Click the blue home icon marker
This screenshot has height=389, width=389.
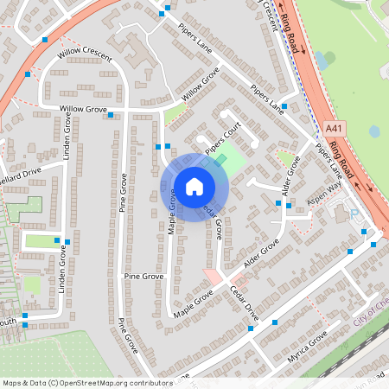(x=194, y=187)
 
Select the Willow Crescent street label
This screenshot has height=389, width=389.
(x=85, y=54)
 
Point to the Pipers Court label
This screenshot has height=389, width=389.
(x=220, y=142)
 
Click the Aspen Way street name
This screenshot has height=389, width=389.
(x=323, y=204)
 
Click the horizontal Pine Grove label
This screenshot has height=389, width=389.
(x=143, y=276)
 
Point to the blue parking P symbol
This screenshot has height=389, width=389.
(x=354, y=213)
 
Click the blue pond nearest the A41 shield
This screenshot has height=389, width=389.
(x=373, y=131)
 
